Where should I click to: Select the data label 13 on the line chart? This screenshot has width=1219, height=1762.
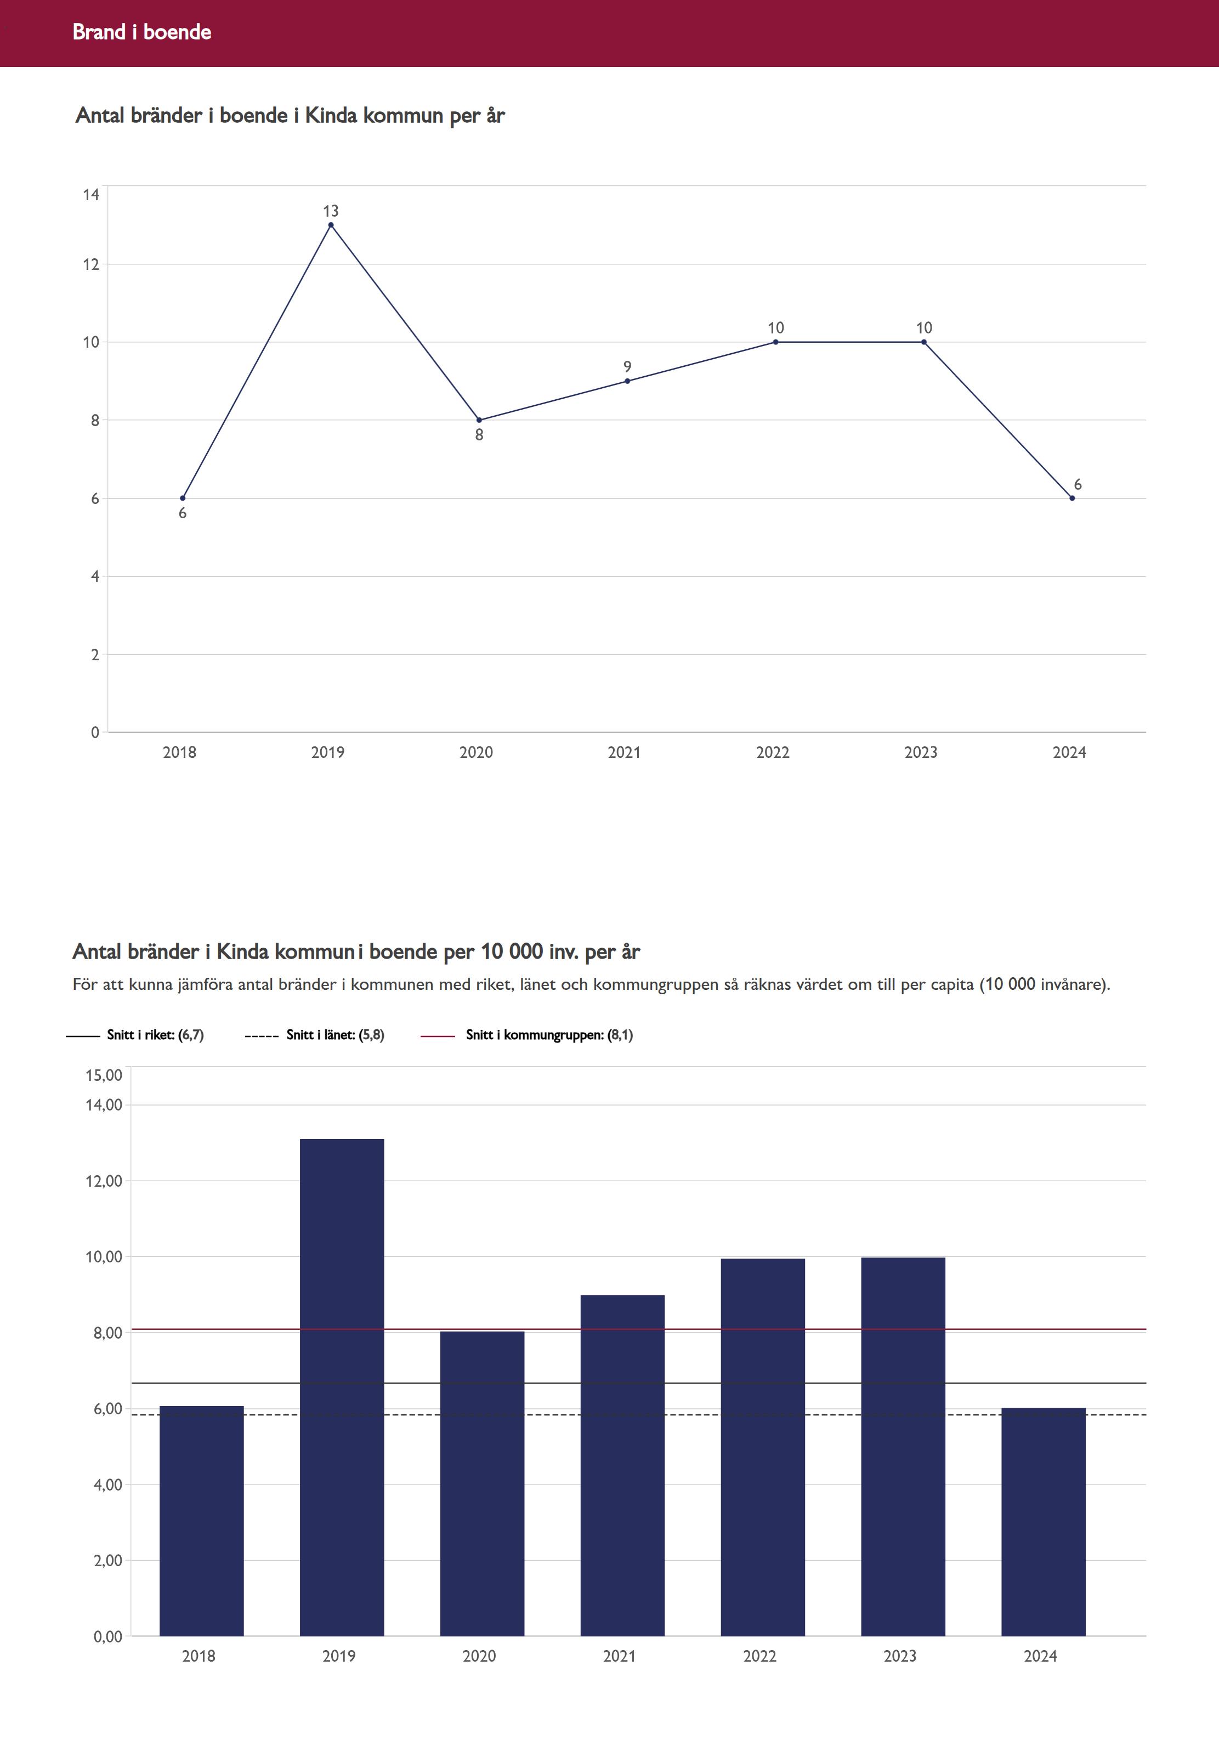(x=331, y=211)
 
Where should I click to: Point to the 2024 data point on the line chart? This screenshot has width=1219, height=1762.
(x=1073, y=498)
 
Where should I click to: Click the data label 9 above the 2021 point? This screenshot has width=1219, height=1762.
(x=627, y=367)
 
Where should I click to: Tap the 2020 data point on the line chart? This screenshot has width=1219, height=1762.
(x=479, y=420)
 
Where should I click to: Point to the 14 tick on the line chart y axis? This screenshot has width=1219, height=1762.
(x=92, y=195)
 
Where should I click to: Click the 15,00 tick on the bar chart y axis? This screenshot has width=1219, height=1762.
(x=104, y=1075)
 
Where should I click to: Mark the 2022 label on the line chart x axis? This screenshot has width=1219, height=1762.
(x=772, y=752)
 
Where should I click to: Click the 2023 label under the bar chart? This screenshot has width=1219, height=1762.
(x=900, y=1656)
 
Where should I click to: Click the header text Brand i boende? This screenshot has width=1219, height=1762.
(x=142, y=32)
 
